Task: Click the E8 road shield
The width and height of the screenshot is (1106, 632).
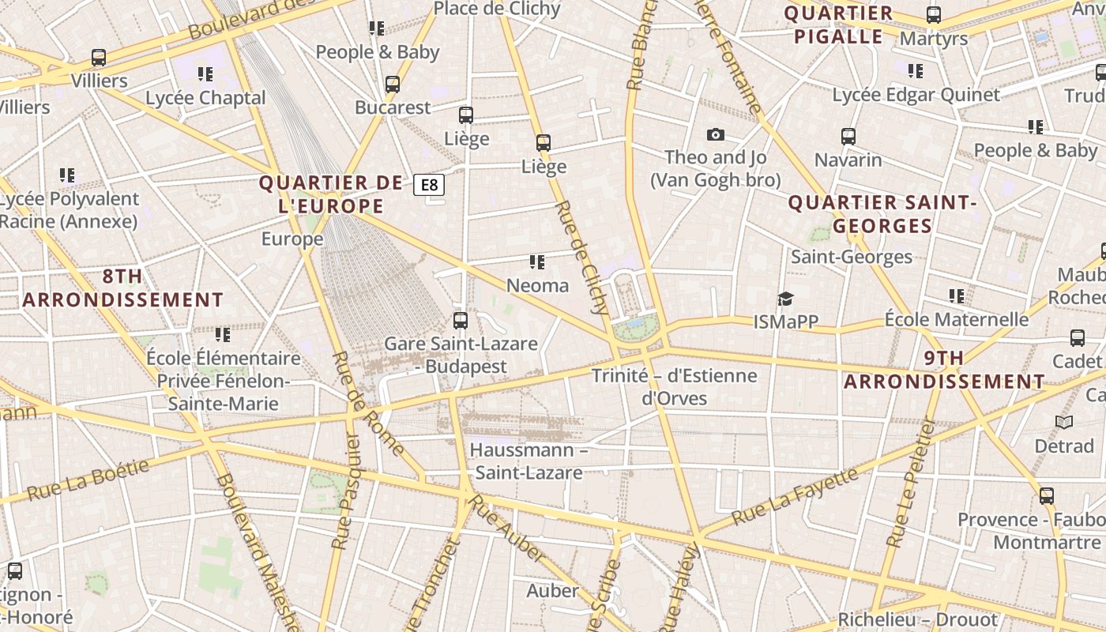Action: [429, 185]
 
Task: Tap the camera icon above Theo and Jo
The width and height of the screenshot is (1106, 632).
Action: [716, 135]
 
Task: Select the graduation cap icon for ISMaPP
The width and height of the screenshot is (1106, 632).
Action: [785, 299]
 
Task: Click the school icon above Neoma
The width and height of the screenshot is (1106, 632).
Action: [537, 261]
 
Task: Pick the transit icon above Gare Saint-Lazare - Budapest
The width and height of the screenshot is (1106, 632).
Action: [461, 321]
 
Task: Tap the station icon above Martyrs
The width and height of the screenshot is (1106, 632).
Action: [934, 14]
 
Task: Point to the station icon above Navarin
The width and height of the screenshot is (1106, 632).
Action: [848, 137]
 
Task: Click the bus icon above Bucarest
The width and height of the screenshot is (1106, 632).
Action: [393, 85]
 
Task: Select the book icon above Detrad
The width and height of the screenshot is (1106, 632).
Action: [1064, 423]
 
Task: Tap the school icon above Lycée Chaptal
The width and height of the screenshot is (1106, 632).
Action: [205, 74]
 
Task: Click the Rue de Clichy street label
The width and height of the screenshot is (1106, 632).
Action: [581, 256]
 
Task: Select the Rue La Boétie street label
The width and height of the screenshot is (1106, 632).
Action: [88, 479]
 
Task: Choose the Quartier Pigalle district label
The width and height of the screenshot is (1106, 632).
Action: [838, 24]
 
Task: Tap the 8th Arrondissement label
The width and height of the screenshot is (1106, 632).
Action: [122, 288]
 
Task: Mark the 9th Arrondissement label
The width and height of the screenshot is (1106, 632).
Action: [944, 370]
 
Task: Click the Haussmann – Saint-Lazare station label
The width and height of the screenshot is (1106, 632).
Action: [529, 461]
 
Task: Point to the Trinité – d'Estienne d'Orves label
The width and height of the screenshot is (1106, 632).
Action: [674, 386]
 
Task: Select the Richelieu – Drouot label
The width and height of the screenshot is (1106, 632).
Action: [917, 619]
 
